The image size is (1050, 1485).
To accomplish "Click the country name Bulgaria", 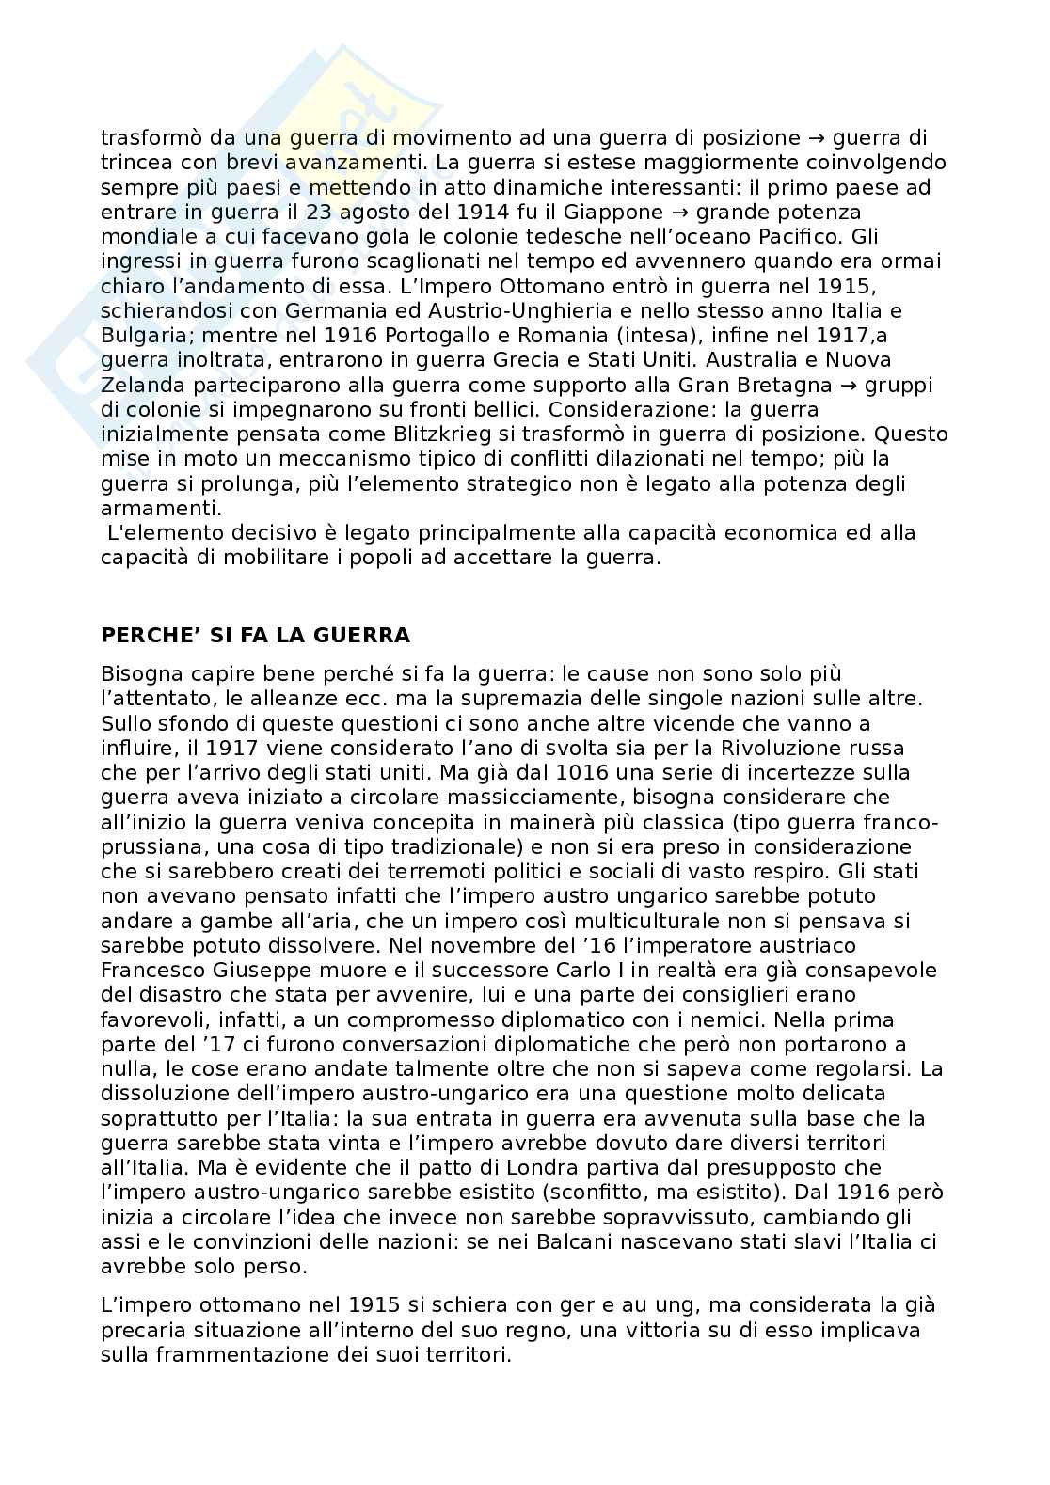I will (x=139, y=335).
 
